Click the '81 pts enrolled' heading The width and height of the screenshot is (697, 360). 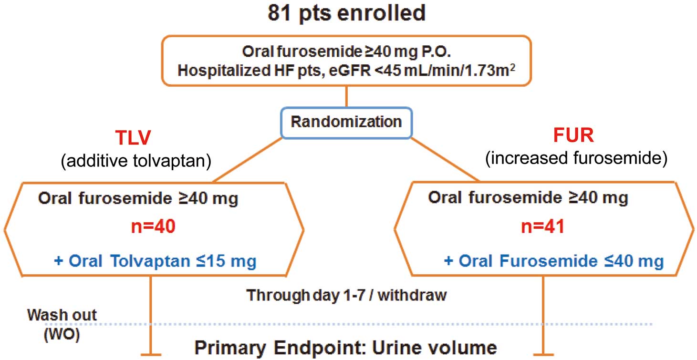pos(346,13)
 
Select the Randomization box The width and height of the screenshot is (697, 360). pos(346,122)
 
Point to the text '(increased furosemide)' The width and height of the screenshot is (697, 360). pos(575,159)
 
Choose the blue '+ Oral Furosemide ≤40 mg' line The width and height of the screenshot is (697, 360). pos(553,261)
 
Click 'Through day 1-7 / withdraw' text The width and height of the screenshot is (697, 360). pos(346,295)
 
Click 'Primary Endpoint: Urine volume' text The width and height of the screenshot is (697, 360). pos(345,348)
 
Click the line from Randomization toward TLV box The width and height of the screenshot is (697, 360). pos(248,159)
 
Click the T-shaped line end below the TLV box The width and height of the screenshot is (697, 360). pos(151,355)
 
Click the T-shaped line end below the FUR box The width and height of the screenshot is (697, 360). pos(543,355)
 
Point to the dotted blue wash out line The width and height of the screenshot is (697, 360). pos(334,324)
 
